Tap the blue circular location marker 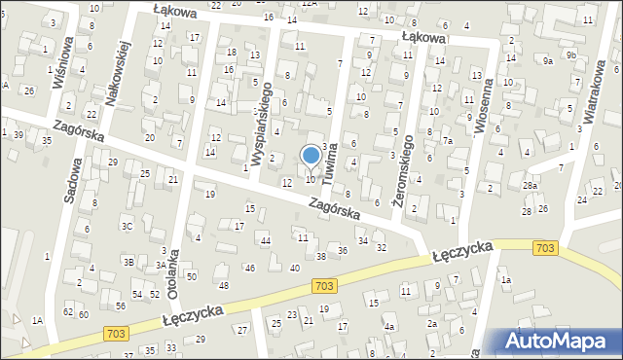[311, 156]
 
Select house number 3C [126, 226]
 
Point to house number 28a [530, 185]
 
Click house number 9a [548, 60]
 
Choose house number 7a [449, 141]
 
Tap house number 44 [265, 239]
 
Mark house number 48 [223, 285]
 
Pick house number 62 [68, 312]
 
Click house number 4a [388, 327]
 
